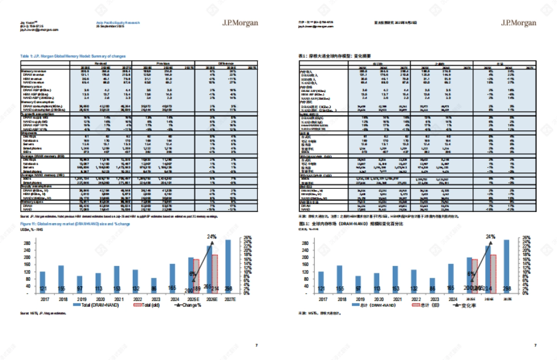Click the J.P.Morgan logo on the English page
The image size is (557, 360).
coord(240,23)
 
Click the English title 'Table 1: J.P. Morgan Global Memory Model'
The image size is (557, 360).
coord(72,56)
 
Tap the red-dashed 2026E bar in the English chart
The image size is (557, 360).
coord(215,274)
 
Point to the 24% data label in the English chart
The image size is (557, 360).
coord(212,236)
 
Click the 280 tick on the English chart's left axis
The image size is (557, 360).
coord(29,243)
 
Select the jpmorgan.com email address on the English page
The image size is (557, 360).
coord(39,29)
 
